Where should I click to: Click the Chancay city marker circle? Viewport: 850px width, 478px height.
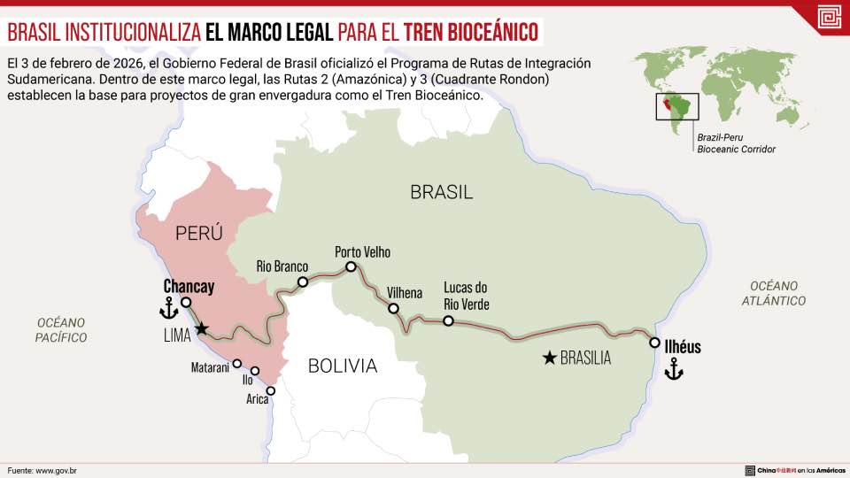coord(186,303)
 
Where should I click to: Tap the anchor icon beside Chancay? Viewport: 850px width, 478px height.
coord(167,308)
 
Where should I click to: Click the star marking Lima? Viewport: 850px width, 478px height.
coord(202,329)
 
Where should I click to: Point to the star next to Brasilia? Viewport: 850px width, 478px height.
coord(550,358)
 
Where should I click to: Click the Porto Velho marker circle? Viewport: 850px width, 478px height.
coord(351,266)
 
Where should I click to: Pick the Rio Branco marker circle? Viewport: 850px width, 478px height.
coord(303,282)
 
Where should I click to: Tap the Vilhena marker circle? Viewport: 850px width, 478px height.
coord(394,309)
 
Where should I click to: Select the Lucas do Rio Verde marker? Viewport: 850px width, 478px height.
coord(448,321)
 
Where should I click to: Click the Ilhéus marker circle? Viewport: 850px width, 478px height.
coord(654,343)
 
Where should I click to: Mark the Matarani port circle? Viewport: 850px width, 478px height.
coord(236,363)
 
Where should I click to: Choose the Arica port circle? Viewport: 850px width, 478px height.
coord(270,390)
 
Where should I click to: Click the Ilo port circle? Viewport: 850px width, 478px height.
coord(255,371)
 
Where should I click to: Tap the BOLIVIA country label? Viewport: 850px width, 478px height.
coord(343,366)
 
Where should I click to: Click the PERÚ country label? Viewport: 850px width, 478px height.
coord(198,233)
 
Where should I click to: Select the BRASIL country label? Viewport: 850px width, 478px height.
coord(441,191)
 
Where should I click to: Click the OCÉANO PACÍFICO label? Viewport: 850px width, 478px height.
coord(61,329)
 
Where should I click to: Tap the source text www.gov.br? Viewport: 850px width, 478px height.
coord(56,469)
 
